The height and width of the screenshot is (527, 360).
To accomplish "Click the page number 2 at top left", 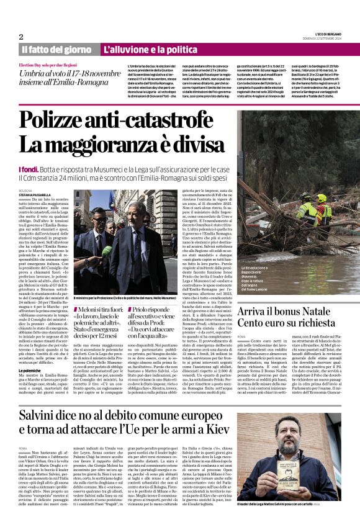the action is (x=20, y=37).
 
